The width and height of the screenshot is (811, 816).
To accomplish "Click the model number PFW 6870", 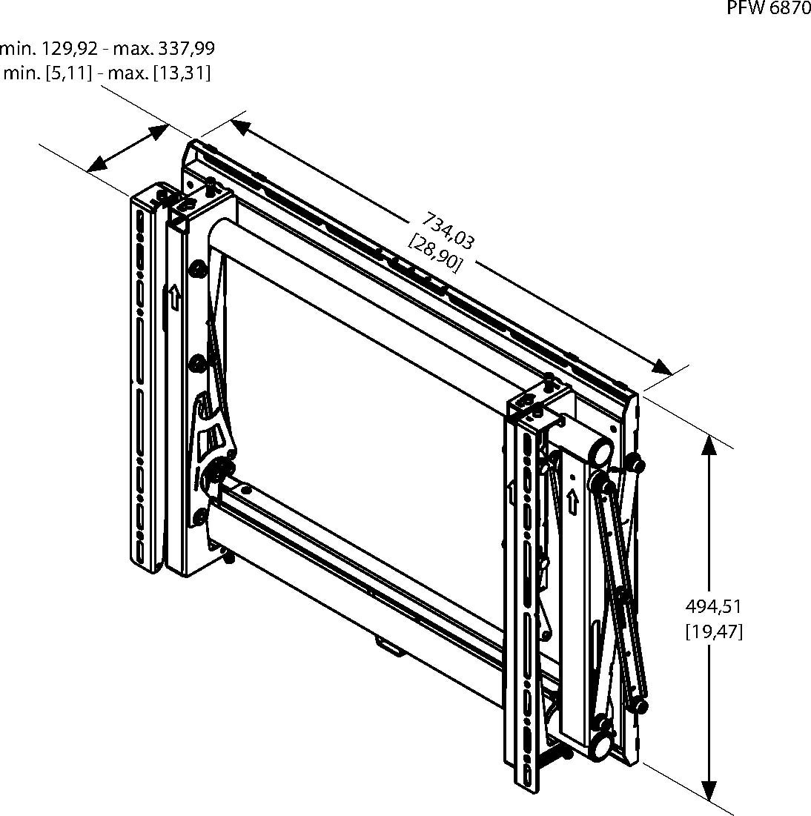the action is point(768,8).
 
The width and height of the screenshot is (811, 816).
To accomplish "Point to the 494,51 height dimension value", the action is point(713,606).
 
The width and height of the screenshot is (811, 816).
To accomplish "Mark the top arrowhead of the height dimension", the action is point(709,445).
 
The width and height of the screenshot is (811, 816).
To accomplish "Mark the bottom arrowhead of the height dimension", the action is point(709,791).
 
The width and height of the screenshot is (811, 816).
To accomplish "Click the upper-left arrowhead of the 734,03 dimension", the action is point(240,127).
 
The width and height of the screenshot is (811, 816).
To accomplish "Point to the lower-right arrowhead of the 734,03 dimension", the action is point(662,366).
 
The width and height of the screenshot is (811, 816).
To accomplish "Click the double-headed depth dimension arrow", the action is point(128,148).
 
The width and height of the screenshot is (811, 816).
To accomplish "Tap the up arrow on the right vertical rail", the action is point(572,502).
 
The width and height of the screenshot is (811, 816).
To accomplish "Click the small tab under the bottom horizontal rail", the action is point(389,646).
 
